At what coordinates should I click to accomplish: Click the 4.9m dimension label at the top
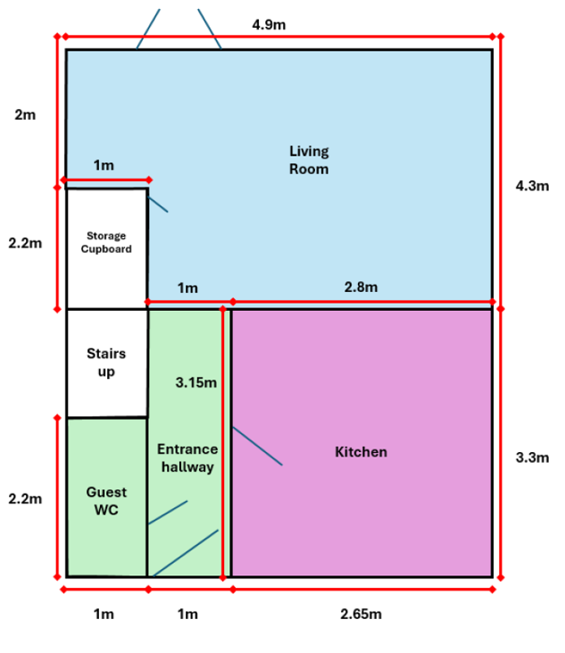pyautogui.click(x=269, y=25)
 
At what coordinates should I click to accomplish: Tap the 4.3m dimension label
pyautogui.click(x=532, y=186)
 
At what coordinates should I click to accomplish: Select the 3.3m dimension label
pyautogui.click(x=532, y=457)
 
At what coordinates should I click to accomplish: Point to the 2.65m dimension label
pyautogui.click(x=361, y=614)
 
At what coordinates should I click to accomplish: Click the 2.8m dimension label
pyautogui.click(x=361, y=287)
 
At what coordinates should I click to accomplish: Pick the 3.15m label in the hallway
pyautogui.click(x=196, y=382)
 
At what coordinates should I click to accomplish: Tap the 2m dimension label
pyautogui.click(x=25, y=114)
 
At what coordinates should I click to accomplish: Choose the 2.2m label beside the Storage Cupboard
pyautogui.click(x=25, y=243)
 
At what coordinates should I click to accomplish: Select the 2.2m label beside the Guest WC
pyautogui.click(x=25, y=498)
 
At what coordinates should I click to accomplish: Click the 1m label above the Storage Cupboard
pyautogui.click(x=104, y=165)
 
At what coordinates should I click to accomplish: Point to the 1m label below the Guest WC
pyautogui.click(x=104, y=614)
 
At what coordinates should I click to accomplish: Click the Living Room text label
pyautogui.click(x=309, y=160)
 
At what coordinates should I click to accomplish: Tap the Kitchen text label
pyautogui.click(x=361, y=452)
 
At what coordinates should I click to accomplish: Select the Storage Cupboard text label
pyautogui.click(x=106, y=242)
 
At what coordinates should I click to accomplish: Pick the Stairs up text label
pyautogui.click(x=106, y=363)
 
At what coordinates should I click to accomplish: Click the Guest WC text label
pyautogui.click(x=106, y=501)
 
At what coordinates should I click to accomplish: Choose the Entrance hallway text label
pyautogui.click(x=187, y=458)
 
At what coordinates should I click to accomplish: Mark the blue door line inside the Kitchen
pyautogui.click(x=257, y=446)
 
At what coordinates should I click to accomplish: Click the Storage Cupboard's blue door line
pyautogui.click(x=158, y=205)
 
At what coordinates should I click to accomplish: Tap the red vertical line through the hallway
pyautogui.click(x=223, y=443)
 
